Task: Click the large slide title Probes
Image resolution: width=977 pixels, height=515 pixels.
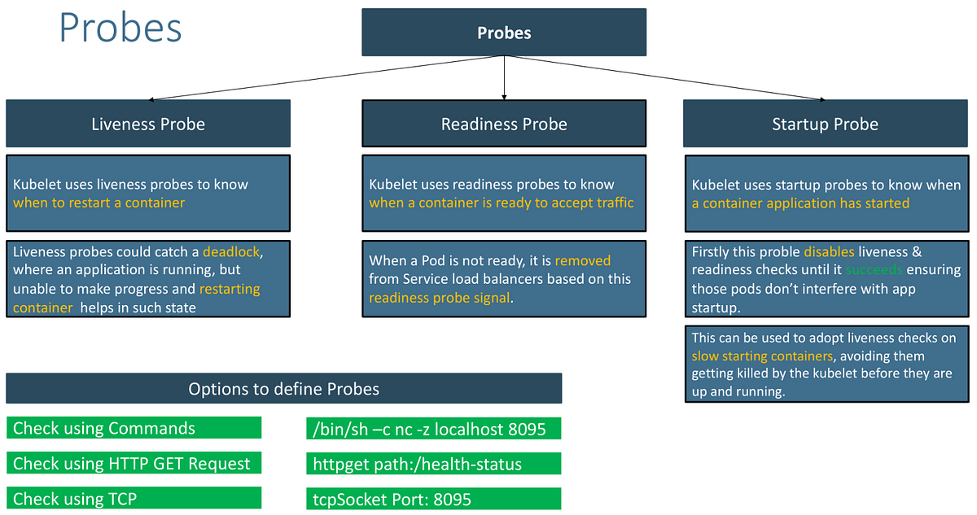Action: pyautogui.click(x=120, y=28)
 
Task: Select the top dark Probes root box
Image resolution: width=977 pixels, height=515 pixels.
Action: pyautogui.click(x=504, y=33)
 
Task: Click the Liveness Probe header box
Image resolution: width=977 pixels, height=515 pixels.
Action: pyautogui.click(x=148, y=124)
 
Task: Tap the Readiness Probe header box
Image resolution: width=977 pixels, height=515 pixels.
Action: pyautogui.click(x=504, y=124)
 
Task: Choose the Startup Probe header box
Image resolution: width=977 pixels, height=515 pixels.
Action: pyautogui.click(x=825, y=124)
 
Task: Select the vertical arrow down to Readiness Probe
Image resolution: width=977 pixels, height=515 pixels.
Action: pyautogui.click(x=505, y=77)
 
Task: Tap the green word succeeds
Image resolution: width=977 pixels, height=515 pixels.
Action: pyautogui.click(x=874, y=269)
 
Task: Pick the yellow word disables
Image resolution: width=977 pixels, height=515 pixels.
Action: pyautogui.click(x=830, y=251)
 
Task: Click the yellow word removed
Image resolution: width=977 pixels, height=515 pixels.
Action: pyautogui.click(x=582, y=261)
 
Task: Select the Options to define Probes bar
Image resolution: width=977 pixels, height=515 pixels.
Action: pyautogui.click(x=283, y=389)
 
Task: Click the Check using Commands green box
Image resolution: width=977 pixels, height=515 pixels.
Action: pyautogui.click(x=134, y=428)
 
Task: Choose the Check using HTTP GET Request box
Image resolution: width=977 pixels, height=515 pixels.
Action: pyautogui.click(x=134, y=464)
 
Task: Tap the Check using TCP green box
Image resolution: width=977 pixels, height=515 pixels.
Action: pyautogui.click(x=134, y=498)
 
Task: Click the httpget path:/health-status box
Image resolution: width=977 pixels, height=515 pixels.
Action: pyautogui.click(x=434, y=464)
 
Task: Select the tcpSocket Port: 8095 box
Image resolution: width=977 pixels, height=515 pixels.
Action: pyautogui.click(x=434, y=499)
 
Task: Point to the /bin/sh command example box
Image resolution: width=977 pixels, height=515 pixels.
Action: pyautogui.click(x=434, y=429)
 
